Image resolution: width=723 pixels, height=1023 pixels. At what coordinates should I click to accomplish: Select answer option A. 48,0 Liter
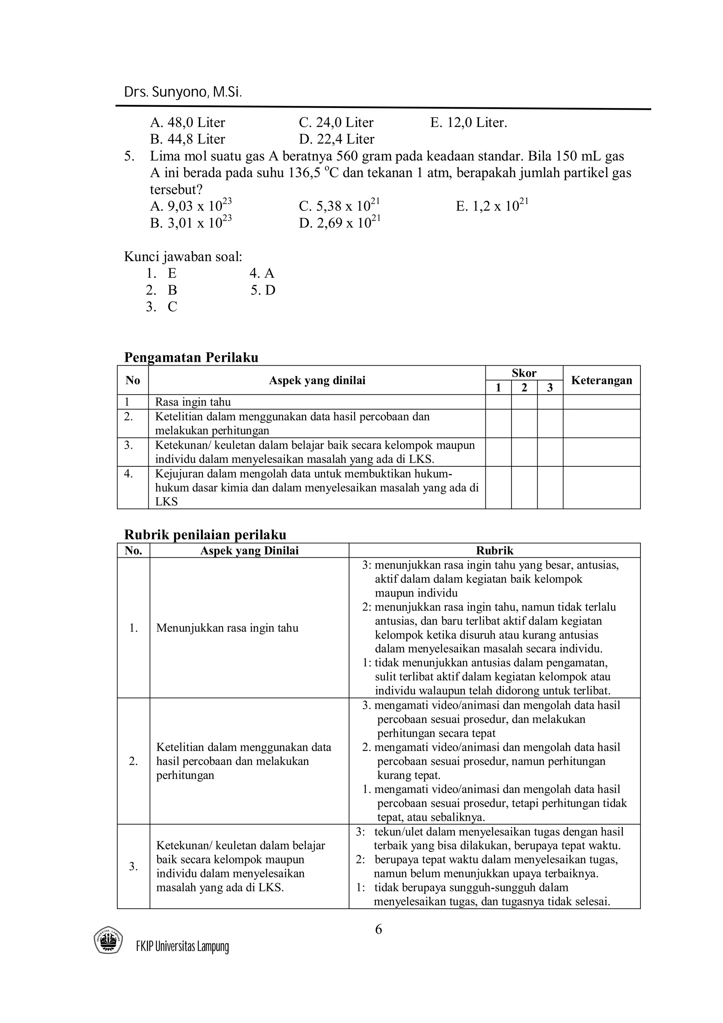click(x=187, y=122)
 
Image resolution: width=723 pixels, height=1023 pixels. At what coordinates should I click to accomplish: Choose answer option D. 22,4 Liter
click(x=336, y=139)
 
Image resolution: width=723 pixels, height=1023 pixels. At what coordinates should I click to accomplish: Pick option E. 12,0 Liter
click(x=468, y=122)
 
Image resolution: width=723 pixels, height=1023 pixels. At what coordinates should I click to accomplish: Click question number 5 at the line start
click(x=129, y=156)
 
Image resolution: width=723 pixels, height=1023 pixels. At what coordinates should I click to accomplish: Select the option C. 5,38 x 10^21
click(x=340, y=206)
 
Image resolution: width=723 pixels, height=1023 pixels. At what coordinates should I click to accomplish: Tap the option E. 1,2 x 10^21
click(x=492, y=206)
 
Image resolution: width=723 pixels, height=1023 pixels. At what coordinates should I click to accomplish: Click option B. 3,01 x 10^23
click(x=191, y=222)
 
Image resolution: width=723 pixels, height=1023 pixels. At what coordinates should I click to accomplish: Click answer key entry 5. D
click(x=263, y=290)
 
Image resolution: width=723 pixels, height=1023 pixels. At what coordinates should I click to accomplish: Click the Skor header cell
click(x=524, y=373)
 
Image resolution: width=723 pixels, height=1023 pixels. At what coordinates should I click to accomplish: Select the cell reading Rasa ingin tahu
click(x=193, y=402)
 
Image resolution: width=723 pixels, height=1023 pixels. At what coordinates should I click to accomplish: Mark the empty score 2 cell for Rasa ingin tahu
click(x=524, y=402)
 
